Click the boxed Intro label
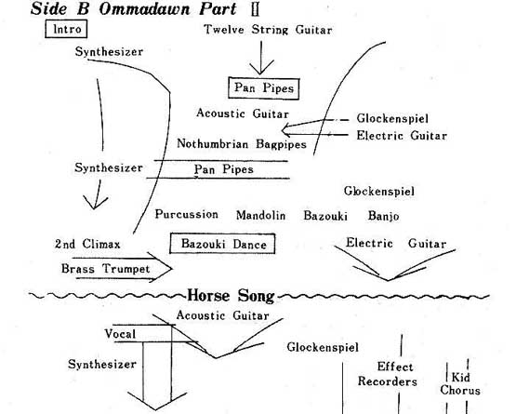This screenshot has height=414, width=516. tap(66, 29)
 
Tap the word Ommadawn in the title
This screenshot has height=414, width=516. tap(144, 8)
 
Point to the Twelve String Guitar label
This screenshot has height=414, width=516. tap(268, 30)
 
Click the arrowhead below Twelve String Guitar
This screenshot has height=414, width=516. tap(261, 68)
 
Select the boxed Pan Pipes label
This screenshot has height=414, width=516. tap(264, 88)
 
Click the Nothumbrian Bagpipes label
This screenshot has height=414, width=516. tap(242, 144)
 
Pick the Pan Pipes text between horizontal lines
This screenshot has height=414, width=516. tap(224, 169)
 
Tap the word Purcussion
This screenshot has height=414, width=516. tap(187, 214)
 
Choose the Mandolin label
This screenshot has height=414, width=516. tap(260, 216)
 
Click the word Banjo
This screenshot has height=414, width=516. tap(383, 216)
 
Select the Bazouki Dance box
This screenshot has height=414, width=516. tap(222, 244)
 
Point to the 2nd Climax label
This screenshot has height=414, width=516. tap(87, 244)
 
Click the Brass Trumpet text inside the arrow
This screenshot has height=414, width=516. tap(106, 269)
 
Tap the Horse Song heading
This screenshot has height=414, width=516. tap(231, 296)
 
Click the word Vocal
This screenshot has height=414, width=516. tap(120, 334)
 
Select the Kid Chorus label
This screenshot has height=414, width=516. tap(460, 383)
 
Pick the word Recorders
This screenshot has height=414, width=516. tap(388, 381)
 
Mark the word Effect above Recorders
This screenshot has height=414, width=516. tap(395, 367)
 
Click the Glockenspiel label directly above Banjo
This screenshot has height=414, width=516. tap(379, 191)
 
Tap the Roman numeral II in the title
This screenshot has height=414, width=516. tap(255, 9)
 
